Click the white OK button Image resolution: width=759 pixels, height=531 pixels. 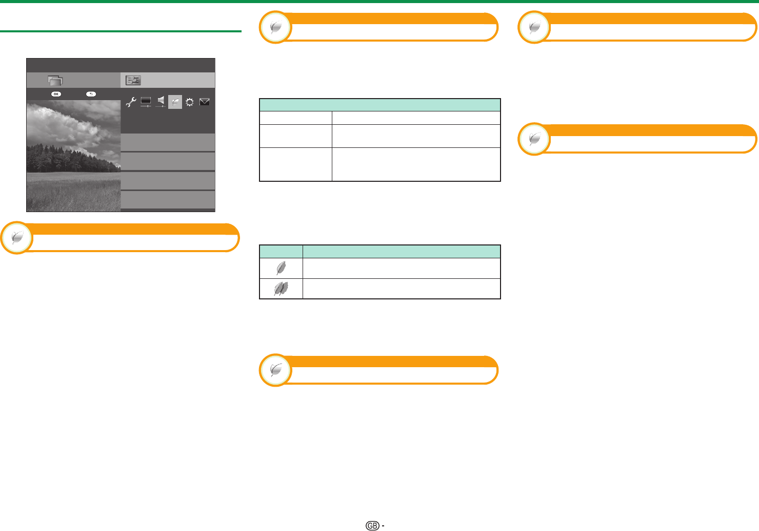click(x=56, y=94)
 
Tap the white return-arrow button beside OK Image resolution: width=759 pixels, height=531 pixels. click(x=91, y=94)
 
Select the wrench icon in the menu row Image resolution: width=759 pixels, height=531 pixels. click(x=131, y=102)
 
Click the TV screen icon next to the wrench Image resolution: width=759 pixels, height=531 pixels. click(x=146, y=102)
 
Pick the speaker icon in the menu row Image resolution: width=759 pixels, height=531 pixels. click(x=161, y=102)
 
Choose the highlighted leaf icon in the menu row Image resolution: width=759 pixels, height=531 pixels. click(x=175, y=102)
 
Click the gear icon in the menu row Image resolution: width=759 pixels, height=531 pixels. click(x=190, y=102)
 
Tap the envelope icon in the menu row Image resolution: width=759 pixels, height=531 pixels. click(x=204, y=102)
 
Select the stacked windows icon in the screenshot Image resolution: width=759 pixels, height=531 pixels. click(x=55, y=81)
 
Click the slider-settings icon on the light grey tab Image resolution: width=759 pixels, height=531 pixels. click(x=133, y=80)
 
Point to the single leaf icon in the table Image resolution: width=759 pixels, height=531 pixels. click(x=281, y=268)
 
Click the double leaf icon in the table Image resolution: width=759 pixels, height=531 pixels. click(x=281, y=289)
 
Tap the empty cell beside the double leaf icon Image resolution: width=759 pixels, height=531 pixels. click(x=401, y=289)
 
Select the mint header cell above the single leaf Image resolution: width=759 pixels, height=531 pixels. click(x=281, y=252)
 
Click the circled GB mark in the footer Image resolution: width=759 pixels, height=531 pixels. click(x=372, y=525)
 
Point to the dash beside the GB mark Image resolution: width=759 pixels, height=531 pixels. click(x=383, y=526)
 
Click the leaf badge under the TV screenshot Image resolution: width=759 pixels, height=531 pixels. click(x=17, y=237)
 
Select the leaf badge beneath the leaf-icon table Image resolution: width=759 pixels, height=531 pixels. click(x=275, y=370)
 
